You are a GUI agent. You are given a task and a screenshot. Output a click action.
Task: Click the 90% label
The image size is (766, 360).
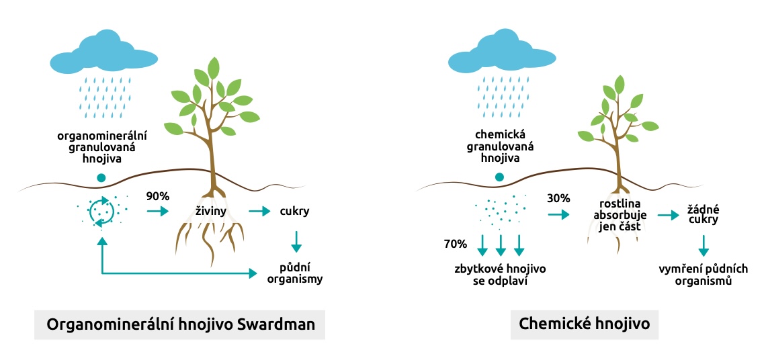pos(159,197)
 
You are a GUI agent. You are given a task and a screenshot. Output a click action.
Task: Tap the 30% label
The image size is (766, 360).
pos(558,198)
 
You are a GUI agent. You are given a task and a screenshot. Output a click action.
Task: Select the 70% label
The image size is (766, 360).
pos(455,242)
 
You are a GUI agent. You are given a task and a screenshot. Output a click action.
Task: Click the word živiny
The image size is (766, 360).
pos(210,212)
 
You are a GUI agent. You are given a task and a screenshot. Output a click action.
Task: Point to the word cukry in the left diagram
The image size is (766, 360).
pos(294,212)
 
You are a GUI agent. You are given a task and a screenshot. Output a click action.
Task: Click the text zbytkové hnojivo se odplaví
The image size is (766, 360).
pos(499,274)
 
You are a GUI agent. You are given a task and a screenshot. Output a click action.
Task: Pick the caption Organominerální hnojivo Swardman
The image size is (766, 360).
pos(179,324)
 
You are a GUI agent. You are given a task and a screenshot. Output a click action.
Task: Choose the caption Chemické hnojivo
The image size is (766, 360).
pos(584,324)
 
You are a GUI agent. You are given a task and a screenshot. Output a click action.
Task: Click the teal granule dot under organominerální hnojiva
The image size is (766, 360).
pos(101,178)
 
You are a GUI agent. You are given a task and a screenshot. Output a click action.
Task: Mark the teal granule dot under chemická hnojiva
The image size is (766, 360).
pos(499,177)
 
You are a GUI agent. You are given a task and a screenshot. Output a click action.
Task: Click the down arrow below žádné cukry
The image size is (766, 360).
pos(703,245)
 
